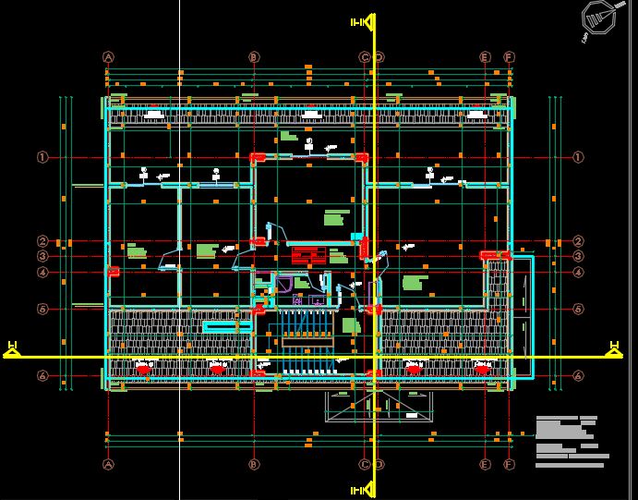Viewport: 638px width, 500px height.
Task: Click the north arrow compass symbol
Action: (x=597, y=17)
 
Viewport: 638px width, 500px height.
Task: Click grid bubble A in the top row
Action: (x=108, y=57)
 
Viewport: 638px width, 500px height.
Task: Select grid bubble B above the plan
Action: (x=255, y=57)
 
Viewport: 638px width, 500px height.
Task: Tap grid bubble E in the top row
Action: (x=485, y=57)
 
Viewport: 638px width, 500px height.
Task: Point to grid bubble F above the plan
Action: (x=509, y=57)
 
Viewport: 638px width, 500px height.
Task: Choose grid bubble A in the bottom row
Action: (x=108, y=464)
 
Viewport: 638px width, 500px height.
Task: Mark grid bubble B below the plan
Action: (x=255, y=464)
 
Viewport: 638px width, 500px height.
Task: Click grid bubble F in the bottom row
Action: (x=509, y=464)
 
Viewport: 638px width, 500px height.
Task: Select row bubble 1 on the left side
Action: (x=42, y=157)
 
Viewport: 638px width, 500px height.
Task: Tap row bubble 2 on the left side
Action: (x=42, y=241)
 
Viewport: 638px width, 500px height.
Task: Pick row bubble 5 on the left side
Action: (x=42, y=309)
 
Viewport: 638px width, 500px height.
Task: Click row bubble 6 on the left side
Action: (x=42, y=376)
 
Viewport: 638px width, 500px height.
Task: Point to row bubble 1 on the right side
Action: (x=579, y=157)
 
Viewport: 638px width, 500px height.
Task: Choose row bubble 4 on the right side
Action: (x=579, y=273)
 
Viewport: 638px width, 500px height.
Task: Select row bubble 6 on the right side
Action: (x=579, y=376)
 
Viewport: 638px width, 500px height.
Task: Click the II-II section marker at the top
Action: (x=360, y=20)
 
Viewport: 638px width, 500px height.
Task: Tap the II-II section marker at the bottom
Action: (x=360, y=488)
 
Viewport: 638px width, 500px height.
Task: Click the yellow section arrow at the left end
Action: (x=12, y=348)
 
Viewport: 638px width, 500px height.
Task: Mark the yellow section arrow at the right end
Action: (x=614, y=348)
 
